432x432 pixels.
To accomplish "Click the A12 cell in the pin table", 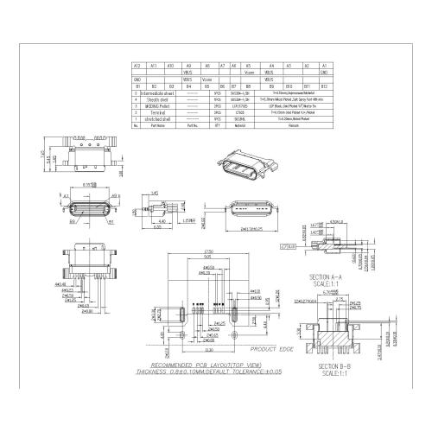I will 137,66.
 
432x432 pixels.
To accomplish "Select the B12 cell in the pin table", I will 324,86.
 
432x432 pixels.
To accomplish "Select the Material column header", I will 239,125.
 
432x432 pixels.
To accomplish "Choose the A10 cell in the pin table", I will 171,66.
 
